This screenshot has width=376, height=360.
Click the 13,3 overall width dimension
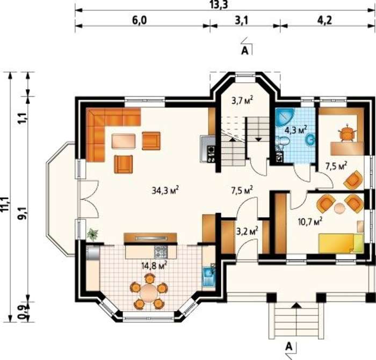pos(219,5)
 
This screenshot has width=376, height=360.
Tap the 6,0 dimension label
pos(139,20)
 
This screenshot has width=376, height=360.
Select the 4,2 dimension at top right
pos(324,20)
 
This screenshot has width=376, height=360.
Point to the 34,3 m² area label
pos(165,190)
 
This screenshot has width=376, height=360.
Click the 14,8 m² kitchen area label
pos(154,265)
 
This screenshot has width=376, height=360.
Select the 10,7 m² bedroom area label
pos(310,221)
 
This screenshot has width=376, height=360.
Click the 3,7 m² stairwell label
pos(242,100)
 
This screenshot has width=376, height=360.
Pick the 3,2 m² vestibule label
pos(247,231)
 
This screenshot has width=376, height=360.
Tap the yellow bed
pos(341,243)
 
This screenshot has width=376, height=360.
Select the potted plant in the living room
pos(92,234)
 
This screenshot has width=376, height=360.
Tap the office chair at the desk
pos(347,133)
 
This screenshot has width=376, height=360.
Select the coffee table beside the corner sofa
pos(124,141)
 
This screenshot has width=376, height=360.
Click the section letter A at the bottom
pos(289,347)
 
